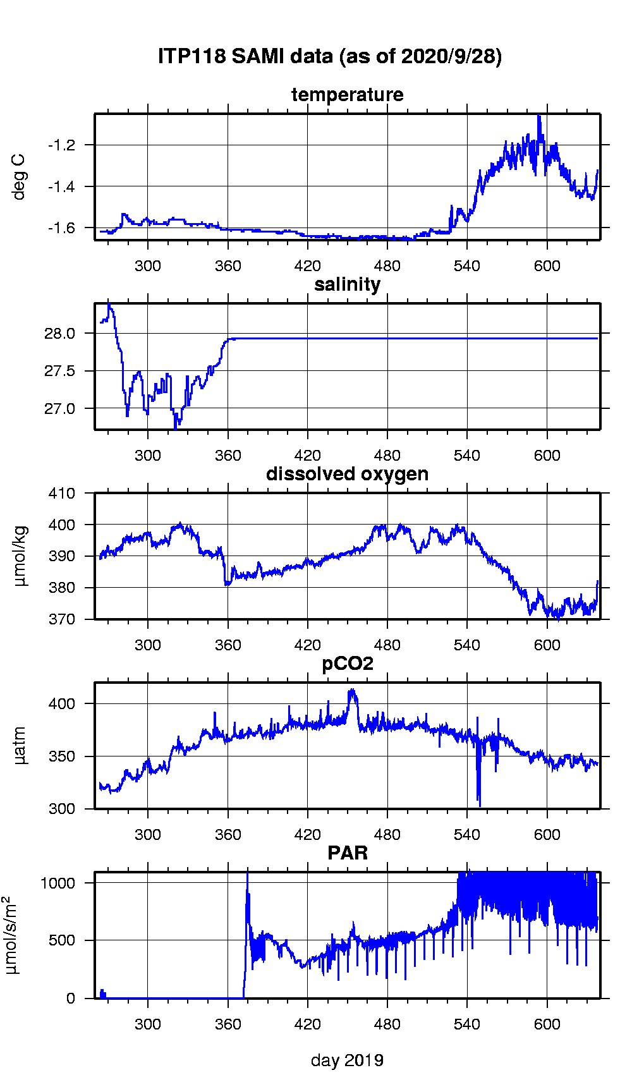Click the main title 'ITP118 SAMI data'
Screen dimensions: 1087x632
329,56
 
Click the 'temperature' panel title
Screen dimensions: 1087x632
347,95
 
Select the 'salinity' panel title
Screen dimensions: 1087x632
347,284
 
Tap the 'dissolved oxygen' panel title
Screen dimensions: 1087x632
347,474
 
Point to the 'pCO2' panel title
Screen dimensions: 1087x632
347,664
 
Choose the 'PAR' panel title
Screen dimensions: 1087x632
347,853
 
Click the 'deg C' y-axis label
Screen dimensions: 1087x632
20,177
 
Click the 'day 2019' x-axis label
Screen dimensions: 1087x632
347,1060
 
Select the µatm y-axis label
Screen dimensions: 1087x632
20,746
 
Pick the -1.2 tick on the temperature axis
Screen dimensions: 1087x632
61,145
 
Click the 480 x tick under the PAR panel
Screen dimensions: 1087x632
387,1024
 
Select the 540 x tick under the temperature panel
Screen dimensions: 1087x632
466,266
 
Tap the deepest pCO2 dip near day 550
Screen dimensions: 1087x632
480,805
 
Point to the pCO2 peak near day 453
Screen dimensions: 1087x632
352,690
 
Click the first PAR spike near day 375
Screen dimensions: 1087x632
247,873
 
